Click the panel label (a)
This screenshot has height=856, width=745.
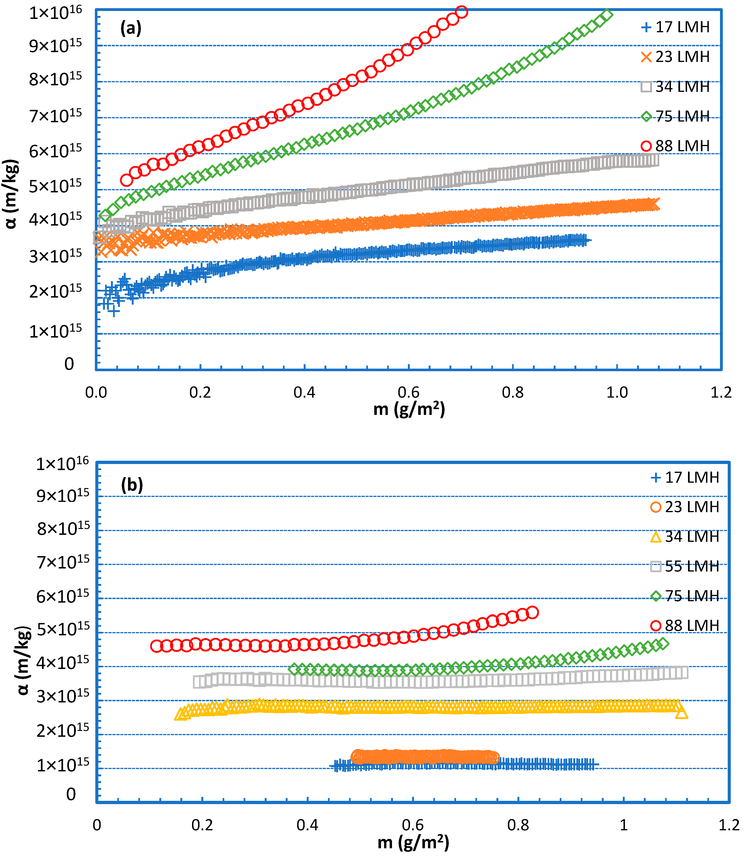coord(131,28)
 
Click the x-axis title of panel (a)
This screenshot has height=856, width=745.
coord(409,409)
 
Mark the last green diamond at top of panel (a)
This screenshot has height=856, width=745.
coord(607,15)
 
